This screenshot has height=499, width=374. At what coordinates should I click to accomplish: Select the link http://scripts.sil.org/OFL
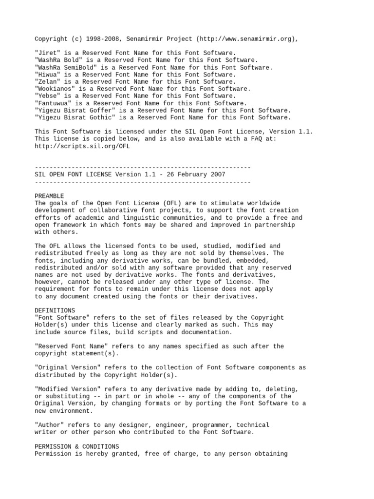click(82, 146)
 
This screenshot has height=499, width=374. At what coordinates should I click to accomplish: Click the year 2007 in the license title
click(216, 174)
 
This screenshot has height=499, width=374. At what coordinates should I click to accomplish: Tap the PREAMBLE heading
click(49, 196)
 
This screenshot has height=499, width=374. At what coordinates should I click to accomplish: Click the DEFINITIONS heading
click(55, 310)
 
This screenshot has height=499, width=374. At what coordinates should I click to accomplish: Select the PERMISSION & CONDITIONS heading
click(76, 446)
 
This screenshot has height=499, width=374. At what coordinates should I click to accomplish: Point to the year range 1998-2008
click(104, 39)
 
